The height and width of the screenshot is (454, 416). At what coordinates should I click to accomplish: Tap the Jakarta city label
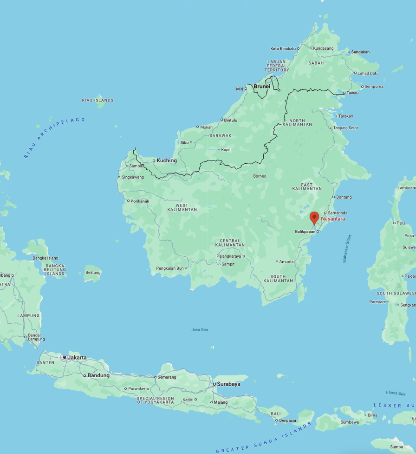click(77, 358)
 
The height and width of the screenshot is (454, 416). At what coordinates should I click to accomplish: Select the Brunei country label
click(262, 87)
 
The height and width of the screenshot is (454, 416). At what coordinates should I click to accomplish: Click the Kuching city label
click(166, 161)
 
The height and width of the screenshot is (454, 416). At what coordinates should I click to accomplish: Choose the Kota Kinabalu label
click(283, 48)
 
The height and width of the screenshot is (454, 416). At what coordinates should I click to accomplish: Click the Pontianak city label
click(140, 201)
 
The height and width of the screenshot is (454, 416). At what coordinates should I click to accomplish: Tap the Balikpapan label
click(305, 231)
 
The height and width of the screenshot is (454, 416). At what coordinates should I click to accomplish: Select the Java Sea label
click(200, 330)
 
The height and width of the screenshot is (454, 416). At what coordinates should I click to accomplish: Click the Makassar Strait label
click(347, 249)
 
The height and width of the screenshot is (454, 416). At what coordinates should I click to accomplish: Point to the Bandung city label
click(98, 375)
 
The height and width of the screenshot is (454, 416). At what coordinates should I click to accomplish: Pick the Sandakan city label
click(360, 52)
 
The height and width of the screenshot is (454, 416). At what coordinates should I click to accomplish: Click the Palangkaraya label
click(228, 256)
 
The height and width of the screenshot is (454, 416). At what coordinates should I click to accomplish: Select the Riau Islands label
click(97, 100)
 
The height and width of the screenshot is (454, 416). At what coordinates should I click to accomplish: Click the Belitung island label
click(93, 273)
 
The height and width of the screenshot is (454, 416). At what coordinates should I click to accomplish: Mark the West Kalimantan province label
click(182, 207)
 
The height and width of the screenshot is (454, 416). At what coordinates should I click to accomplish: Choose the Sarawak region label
click(221, 136)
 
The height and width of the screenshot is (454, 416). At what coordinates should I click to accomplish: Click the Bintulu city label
click(231, 120)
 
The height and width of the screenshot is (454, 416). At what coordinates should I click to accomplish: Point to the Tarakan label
click(345, 116)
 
